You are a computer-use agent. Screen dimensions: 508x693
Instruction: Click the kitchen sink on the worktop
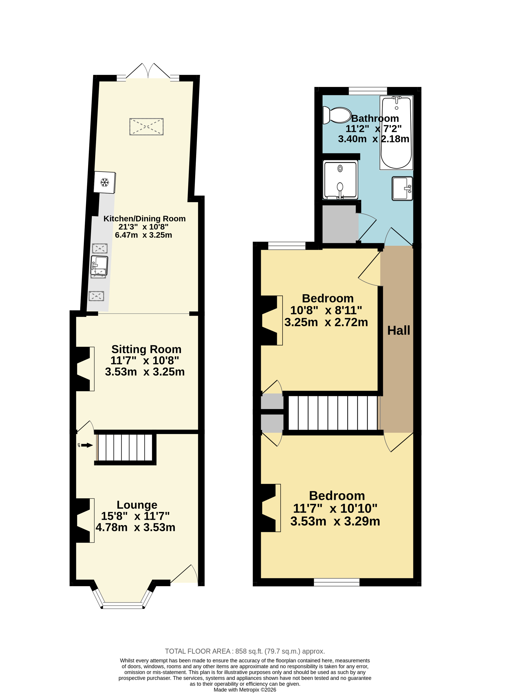coord(99,265)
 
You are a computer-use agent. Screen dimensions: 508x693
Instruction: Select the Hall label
coord(398,330)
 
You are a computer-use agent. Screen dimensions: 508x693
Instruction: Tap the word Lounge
coord(137,505)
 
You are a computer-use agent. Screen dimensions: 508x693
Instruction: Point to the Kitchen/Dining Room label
coord(144,218)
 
